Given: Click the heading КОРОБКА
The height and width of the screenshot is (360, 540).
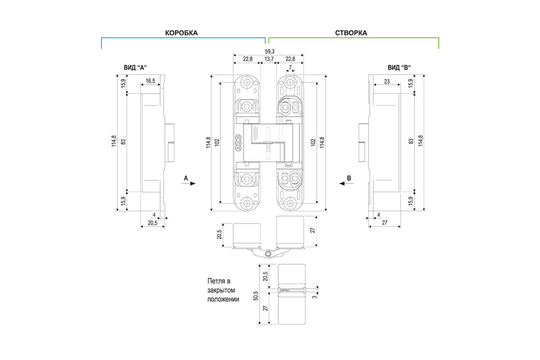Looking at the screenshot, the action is (181, 33).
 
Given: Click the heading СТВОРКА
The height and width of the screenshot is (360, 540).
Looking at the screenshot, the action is (351, 33).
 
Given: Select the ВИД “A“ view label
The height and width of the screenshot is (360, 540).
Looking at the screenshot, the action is (135, 67).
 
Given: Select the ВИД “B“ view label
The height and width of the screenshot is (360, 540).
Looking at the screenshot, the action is (399, 67).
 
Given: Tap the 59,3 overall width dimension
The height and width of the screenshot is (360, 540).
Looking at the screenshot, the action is (270, 51).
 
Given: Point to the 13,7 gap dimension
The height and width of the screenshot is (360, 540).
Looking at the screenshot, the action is (269, 59).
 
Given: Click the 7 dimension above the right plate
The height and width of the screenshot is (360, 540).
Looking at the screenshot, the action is (290, 67).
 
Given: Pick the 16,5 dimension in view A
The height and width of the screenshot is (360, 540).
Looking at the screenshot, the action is (150, 81).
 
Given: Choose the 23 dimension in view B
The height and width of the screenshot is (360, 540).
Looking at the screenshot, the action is (387, 81).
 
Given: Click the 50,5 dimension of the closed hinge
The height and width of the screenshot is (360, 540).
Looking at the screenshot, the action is (256, 296).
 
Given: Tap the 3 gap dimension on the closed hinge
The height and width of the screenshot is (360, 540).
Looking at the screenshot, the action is (315, 297).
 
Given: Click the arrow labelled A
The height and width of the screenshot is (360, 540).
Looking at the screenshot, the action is (189, 184).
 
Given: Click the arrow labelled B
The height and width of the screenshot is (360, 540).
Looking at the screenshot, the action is (346, 184).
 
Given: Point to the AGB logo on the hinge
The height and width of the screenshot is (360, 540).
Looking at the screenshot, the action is (238, 143).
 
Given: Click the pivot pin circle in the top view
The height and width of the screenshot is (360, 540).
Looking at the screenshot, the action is (267, 254).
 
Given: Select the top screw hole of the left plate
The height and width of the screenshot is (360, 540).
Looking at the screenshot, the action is (247, 82).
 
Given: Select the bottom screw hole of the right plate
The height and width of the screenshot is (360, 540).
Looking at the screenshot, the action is (290, 203).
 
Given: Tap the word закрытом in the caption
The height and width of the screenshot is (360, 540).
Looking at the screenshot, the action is (221, 290).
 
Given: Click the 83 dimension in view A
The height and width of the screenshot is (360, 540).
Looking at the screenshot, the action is (123, 142).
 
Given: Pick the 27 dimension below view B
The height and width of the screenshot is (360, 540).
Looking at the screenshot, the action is (384, 223).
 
